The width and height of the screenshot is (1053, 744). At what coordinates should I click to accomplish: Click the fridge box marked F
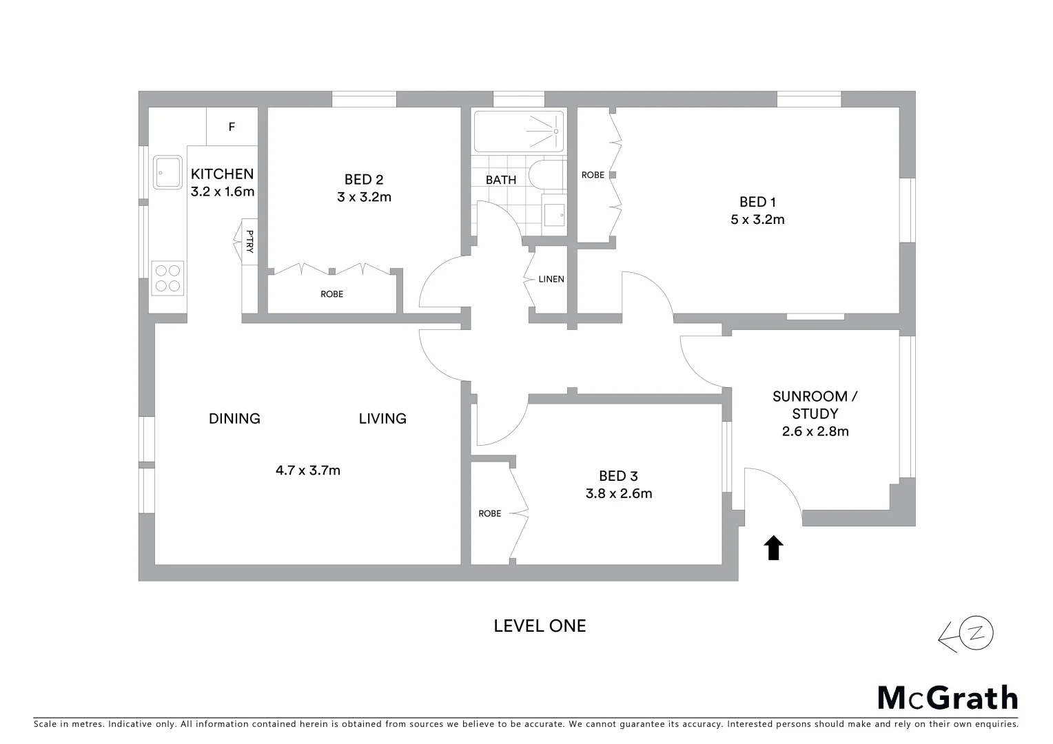pos(232,127)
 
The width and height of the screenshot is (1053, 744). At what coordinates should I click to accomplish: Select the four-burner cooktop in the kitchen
pos(167,278)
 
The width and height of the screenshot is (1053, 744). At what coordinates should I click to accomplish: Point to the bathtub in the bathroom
pos(518,132)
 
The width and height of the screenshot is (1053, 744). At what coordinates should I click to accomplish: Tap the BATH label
pos(501,180)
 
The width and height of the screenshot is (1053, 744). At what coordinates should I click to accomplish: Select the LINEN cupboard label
pos(551,279)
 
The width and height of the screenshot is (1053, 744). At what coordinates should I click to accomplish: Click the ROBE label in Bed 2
pos(331,294)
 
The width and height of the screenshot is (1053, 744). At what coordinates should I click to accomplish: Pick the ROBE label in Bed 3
pos(490,513)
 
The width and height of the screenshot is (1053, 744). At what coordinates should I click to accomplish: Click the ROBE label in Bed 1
pos(593,175)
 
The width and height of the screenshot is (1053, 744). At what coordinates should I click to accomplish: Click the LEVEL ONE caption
pos(540,626)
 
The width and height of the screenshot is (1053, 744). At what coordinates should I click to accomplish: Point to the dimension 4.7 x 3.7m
pos(308,471)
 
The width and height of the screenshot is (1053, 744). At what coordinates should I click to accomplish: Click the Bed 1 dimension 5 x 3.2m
pos(758,220)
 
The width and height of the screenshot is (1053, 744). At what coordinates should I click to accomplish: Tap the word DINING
pos(234,418)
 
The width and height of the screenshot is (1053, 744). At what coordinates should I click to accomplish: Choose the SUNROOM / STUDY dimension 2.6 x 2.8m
pos(815,431)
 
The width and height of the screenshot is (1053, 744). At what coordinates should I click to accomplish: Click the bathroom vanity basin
pos(553,215)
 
